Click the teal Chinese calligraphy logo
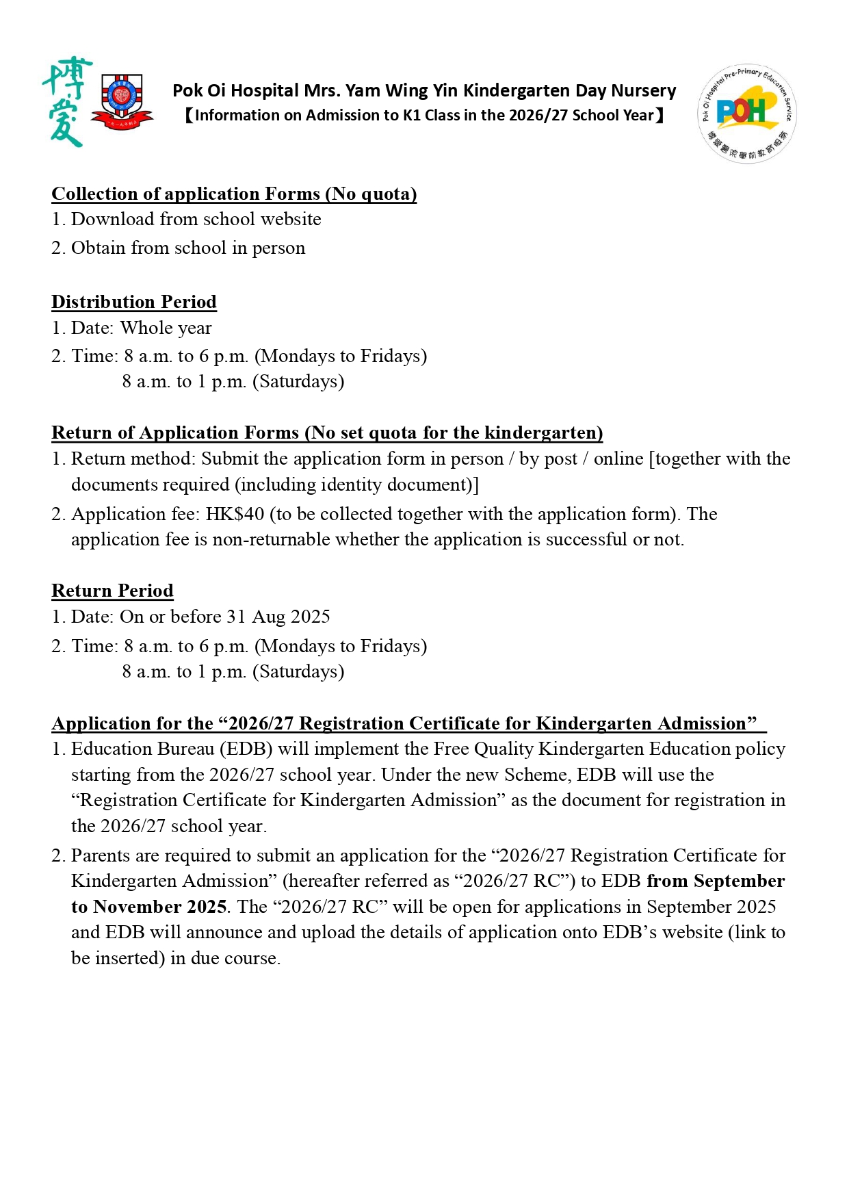(67, 102)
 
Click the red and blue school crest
(122, 101)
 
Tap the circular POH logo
(746, 114)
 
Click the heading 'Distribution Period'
(134, 302)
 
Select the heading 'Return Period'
(112, 591)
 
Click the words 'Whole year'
(166, 328)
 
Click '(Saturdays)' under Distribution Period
(298, 381)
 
